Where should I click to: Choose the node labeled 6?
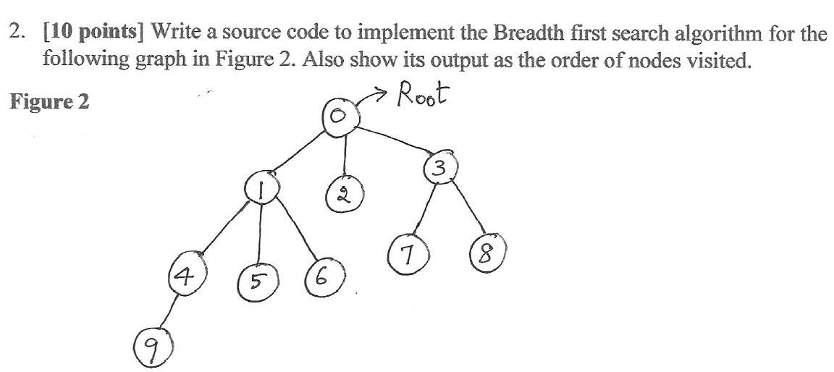point(322,277)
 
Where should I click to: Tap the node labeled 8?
point(487,255)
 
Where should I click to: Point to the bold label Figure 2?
point(49,102)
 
